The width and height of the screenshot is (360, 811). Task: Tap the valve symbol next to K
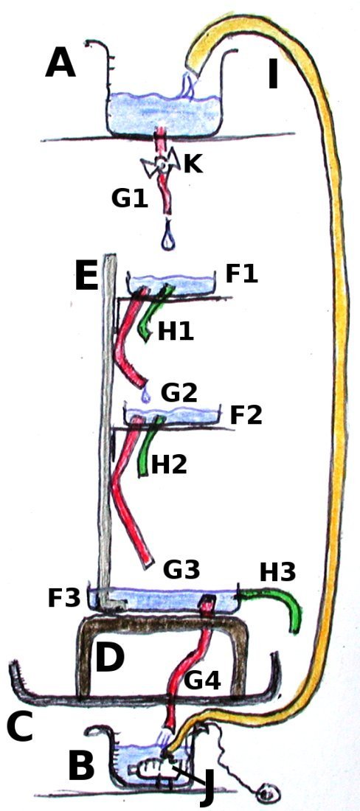coord(161,165)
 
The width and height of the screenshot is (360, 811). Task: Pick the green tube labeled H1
coord(151,313)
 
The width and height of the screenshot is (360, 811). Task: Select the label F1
coord(241,274)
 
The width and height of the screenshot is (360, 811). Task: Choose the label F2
coord(246,415)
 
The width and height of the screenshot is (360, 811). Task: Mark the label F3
coord(63,598)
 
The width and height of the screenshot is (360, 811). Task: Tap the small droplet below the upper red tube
coord(146,396)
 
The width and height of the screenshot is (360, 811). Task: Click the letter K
coord(193,164)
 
